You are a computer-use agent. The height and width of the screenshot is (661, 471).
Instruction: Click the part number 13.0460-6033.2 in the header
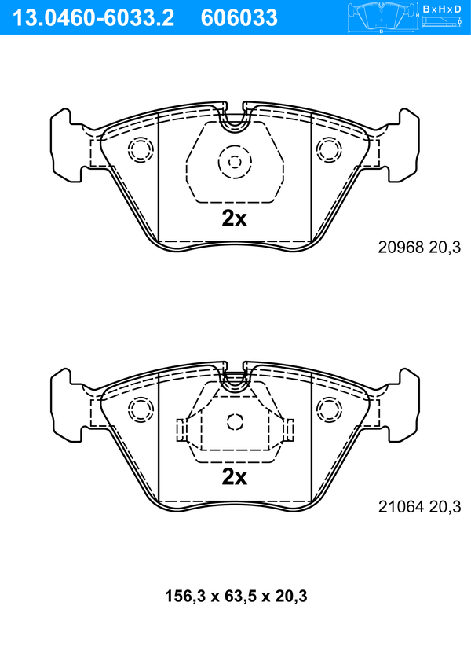coord(93,18)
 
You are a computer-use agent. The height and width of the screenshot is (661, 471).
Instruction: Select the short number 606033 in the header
coord(239,18)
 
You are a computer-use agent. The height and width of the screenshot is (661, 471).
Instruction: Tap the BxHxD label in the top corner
coord(442,9)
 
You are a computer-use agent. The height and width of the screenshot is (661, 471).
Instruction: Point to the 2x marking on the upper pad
coord(235,218)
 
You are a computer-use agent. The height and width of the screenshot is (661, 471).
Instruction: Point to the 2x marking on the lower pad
coord(235,477)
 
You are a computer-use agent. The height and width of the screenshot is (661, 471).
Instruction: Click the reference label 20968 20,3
coord(419,247)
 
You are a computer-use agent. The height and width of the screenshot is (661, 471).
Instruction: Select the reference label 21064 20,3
coord(419,506)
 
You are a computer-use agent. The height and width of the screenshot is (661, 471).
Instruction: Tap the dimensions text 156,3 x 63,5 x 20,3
coord(235,597)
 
